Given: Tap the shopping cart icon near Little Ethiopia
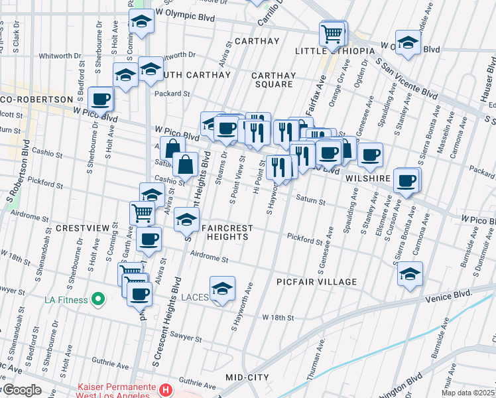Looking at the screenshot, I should pyautogui.click(x=334, y=33).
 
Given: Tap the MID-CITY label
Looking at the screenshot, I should pyautogui.click(x=247, y=377).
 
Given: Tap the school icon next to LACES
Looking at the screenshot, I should pyautogui.click(x=223, y=289).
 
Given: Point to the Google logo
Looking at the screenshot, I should pyautogui.click(x=22, y=389).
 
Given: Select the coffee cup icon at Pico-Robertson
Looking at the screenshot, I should pyautogui.click(x=101, y=99).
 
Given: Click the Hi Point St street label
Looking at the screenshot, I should pyautogui.click(x=257, y=175).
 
